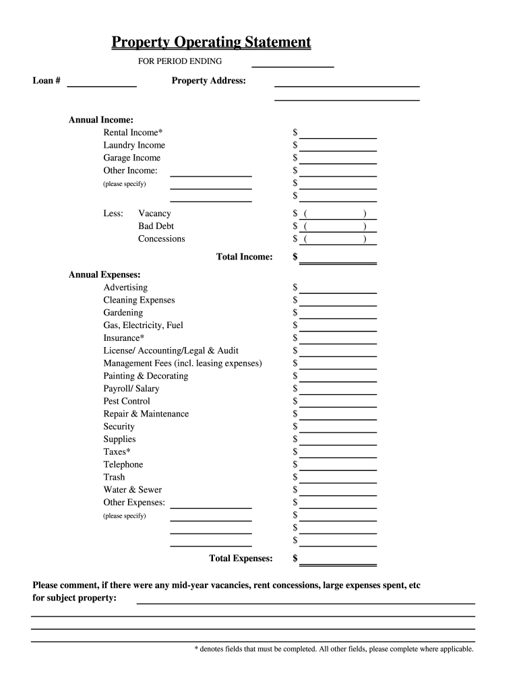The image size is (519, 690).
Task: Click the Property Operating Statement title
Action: (x=211, y=43)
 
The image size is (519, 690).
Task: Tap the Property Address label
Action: (x=208, y=81)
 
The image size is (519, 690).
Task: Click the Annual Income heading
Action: (x=100, y=120)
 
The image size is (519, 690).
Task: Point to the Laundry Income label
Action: (x=134, y=146)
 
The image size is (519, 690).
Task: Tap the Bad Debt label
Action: (x=156, y=226)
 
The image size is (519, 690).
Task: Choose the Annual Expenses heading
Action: (x=104, y=275)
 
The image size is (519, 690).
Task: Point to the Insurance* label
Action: (x=123, y=338)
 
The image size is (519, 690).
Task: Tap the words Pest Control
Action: (x=127, y=402)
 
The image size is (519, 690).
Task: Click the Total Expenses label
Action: (x=241, y=559)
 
